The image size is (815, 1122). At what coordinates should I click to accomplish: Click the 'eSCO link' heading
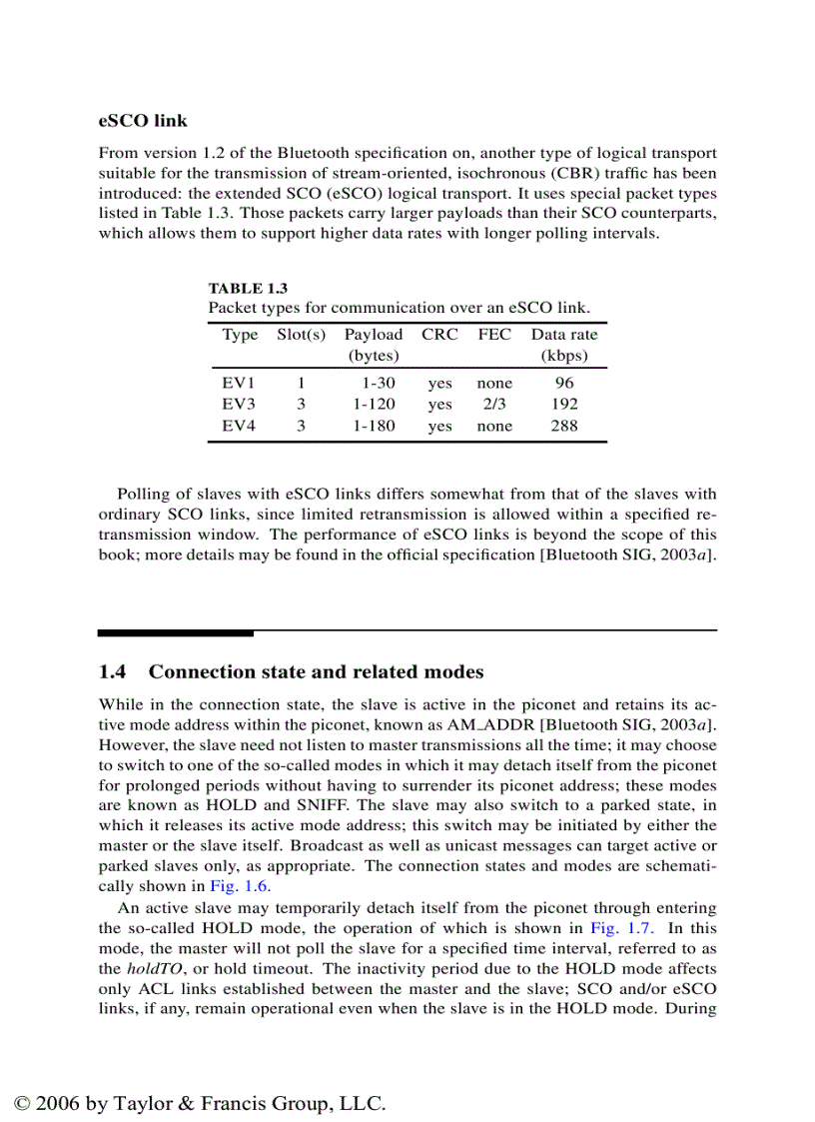pyautogui.click(x=143, y=121)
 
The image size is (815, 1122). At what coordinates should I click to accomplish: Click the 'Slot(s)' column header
pyautogui.click(x=301, y=335)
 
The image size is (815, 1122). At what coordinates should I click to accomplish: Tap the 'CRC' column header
pyautogui.click(x=439, y=335)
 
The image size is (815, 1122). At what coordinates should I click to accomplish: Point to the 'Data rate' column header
pyautogui.click(x=564, y=335)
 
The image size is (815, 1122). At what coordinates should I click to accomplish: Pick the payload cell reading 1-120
pyautogui.click(x=374, y=405)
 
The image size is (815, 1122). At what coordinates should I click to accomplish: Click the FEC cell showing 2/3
pyautogui.click(x=494, y=405)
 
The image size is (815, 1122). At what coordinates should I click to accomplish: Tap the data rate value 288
pyautogui.click(x=564, y=426)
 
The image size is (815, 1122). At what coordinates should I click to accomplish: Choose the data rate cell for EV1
pyautogui.click(x=564, y=383)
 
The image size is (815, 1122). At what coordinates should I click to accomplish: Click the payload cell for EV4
pyautogui.click(x=374, y=426)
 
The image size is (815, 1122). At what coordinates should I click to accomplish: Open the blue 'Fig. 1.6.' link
pyautogui.click(x=240, y=886)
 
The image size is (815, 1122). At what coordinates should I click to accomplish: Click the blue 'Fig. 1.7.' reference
pyautogui.click(x=620, y=928)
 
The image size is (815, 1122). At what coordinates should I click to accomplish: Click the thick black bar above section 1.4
pyautogui.click(x=176, y=632)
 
